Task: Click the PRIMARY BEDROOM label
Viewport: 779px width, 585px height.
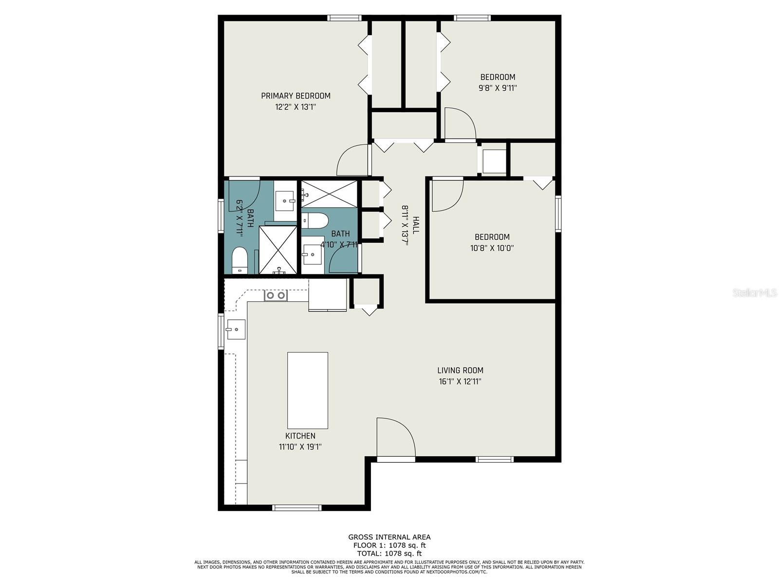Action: click(x=296, y=96)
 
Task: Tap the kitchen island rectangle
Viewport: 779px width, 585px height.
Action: click(x=307, y=390)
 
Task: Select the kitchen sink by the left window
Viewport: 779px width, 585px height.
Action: click(x=235, y=330)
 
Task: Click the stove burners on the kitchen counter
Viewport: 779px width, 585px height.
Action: click(x=275, y=295)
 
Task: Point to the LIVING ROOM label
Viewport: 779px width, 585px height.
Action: click(x=460, y=370)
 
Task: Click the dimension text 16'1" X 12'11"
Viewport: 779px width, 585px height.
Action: click(x=460, y=382)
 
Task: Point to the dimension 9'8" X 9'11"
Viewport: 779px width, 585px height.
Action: click(x=498, y=88)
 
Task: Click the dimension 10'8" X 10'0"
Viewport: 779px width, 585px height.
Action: click(x=492, y=248)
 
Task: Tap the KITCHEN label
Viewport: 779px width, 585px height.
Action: click(x=300, y=436)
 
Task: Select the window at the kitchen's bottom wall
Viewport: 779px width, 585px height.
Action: click(x=297, y=508)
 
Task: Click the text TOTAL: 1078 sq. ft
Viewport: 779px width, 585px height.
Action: click(x=389, y=553)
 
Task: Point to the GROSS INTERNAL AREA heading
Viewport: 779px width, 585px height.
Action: click(x=389, y=537)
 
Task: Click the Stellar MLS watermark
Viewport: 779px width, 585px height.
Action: click(x=754, y=293)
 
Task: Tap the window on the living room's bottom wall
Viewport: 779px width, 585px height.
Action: click(x=494, y=459)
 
